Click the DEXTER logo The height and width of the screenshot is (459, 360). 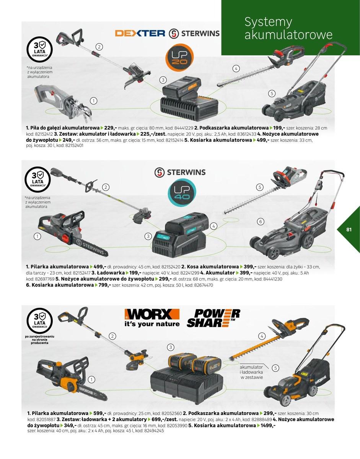tap(140, 33)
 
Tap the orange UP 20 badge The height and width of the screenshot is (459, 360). tap(179, 57)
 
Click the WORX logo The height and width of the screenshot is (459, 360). tap(152, 318)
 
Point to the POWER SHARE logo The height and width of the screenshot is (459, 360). tap(213, 318)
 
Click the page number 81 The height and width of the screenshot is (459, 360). tap(349, 229)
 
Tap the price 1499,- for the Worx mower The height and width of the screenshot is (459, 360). tap(268, 425)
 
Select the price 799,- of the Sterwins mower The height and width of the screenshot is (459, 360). tap(104, 285)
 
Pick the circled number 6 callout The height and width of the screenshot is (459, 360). tap(261, 221)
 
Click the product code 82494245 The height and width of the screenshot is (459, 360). tap(154, 431)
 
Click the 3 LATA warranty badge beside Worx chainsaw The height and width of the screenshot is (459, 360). tap(40, 321)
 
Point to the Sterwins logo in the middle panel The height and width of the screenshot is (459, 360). tap(180, 173)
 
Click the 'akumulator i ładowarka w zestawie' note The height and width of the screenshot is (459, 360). tap(251, 373)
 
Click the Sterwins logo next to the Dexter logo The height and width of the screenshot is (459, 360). tap(194, 34)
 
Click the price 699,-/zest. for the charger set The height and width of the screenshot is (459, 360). tap(165, 419)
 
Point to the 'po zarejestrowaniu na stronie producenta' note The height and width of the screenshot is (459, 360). tap(40, 339)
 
